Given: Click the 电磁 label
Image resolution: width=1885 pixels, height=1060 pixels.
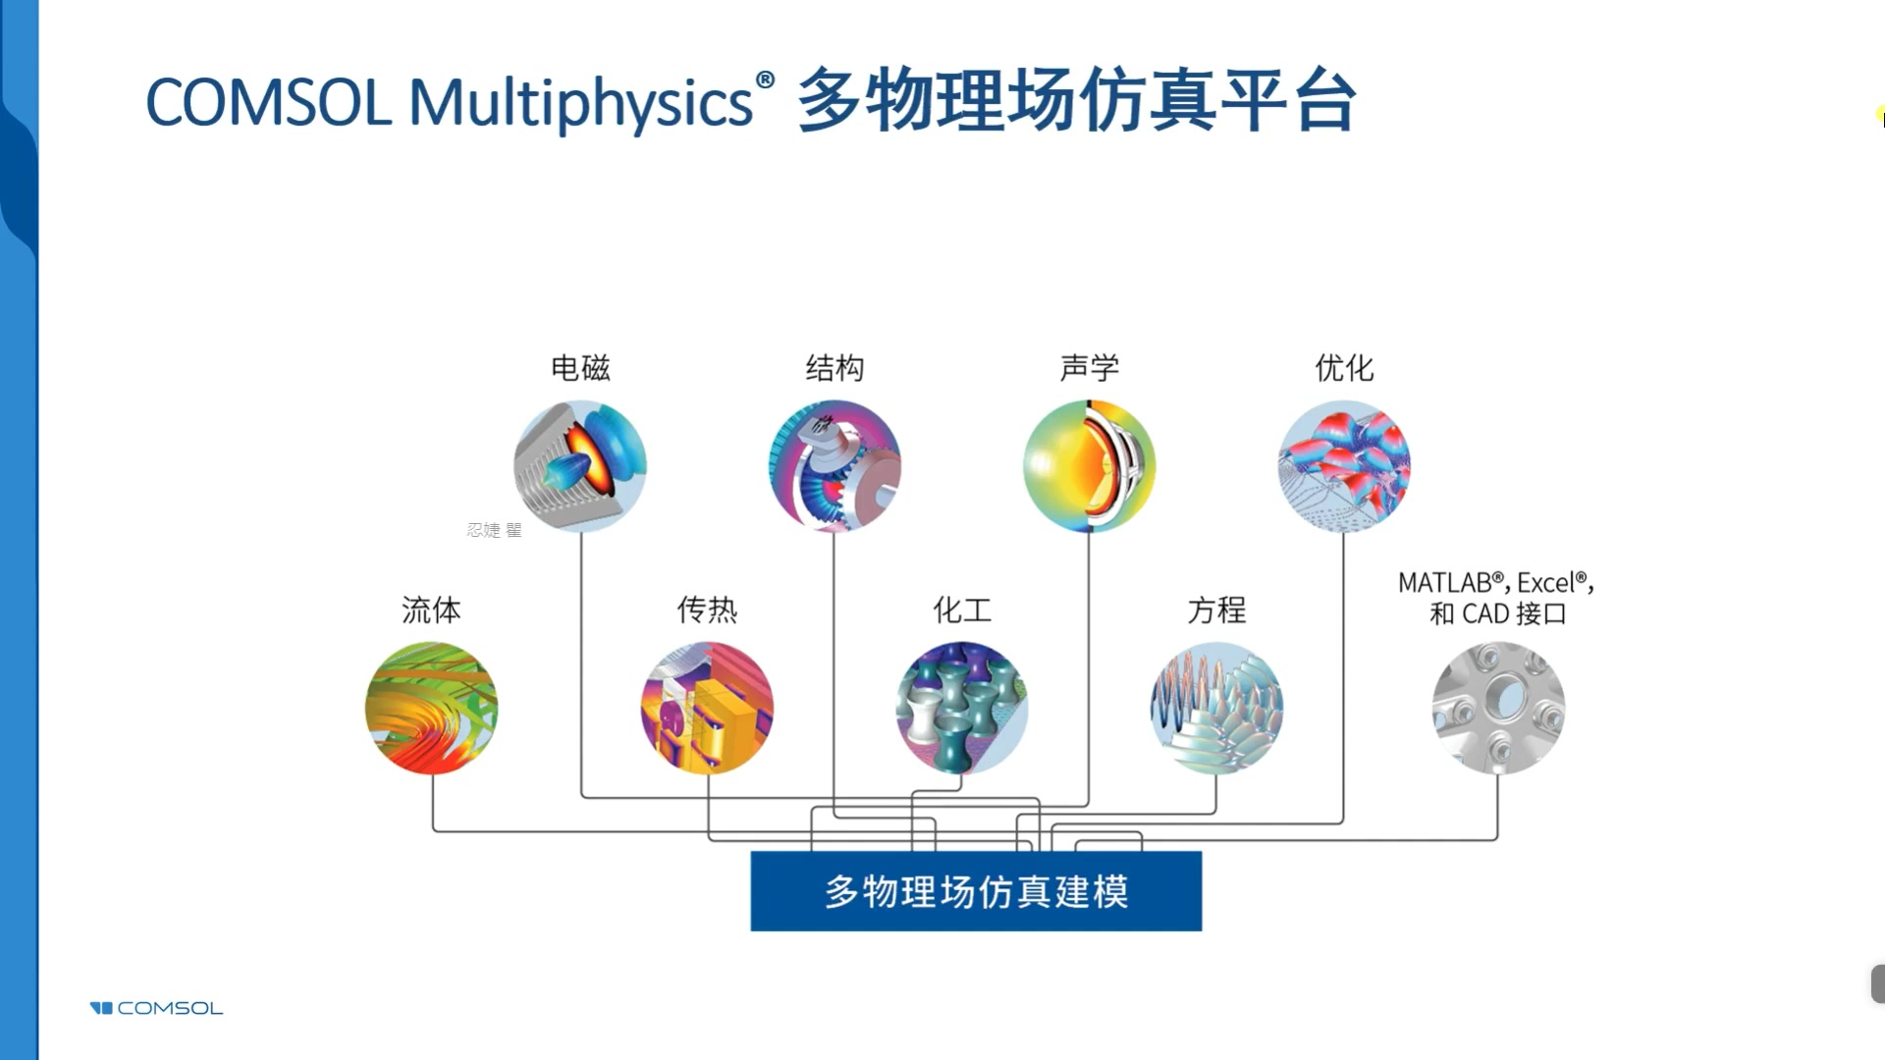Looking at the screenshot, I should tap(580, 368).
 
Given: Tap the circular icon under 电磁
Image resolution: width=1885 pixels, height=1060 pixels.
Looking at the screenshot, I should tap(580, 466).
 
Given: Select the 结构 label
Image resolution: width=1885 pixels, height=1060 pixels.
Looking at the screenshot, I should tap(835, 368).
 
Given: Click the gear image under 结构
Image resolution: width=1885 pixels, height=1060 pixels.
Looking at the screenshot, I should tap(835, 466).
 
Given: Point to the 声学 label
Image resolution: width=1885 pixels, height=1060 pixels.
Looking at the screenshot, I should tap(1089, 368).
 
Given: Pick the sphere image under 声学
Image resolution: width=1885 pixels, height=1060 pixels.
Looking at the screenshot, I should tap(1089, 466).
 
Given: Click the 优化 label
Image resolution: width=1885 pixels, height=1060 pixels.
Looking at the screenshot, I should tap(1344, 368).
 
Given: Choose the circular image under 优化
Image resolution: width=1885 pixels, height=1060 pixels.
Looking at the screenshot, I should tap(1344, 466).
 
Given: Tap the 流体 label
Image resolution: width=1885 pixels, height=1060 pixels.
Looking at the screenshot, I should tap(431, 609).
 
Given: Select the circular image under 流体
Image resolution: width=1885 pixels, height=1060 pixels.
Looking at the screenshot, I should tap(431, 708).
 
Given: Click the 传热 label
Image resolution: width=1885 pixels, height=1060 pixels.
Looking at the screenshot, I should tap(707, 609).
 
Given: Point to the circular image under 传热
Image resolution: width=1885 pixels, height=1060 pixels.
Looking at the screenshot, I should tap(707, 708).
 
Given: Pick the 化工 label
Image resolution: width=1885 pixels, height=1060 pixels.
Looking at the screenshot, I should tap(962, 609).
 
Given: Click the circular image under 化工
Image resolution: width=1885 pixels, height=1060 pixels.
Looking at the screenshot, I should tap(962, 708).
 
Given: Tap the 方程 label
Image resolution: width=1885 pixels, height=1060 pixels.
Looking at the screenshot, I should tap(1216, 609).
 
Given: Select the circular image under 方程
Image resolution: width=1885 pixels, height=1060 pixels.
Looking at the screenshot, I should tap(1216, 708).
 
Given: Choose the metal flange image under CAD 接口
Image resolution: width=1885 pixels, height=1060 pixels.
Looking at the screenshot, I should tap(1498, 708).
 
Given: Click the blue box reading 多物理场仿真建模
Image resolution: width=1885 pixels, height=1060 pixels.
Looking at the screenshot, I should tap(976, 891).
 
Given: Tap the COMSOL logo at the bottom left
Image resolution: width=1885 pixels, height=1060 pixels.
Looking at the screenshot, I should tap(157, 1008).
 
